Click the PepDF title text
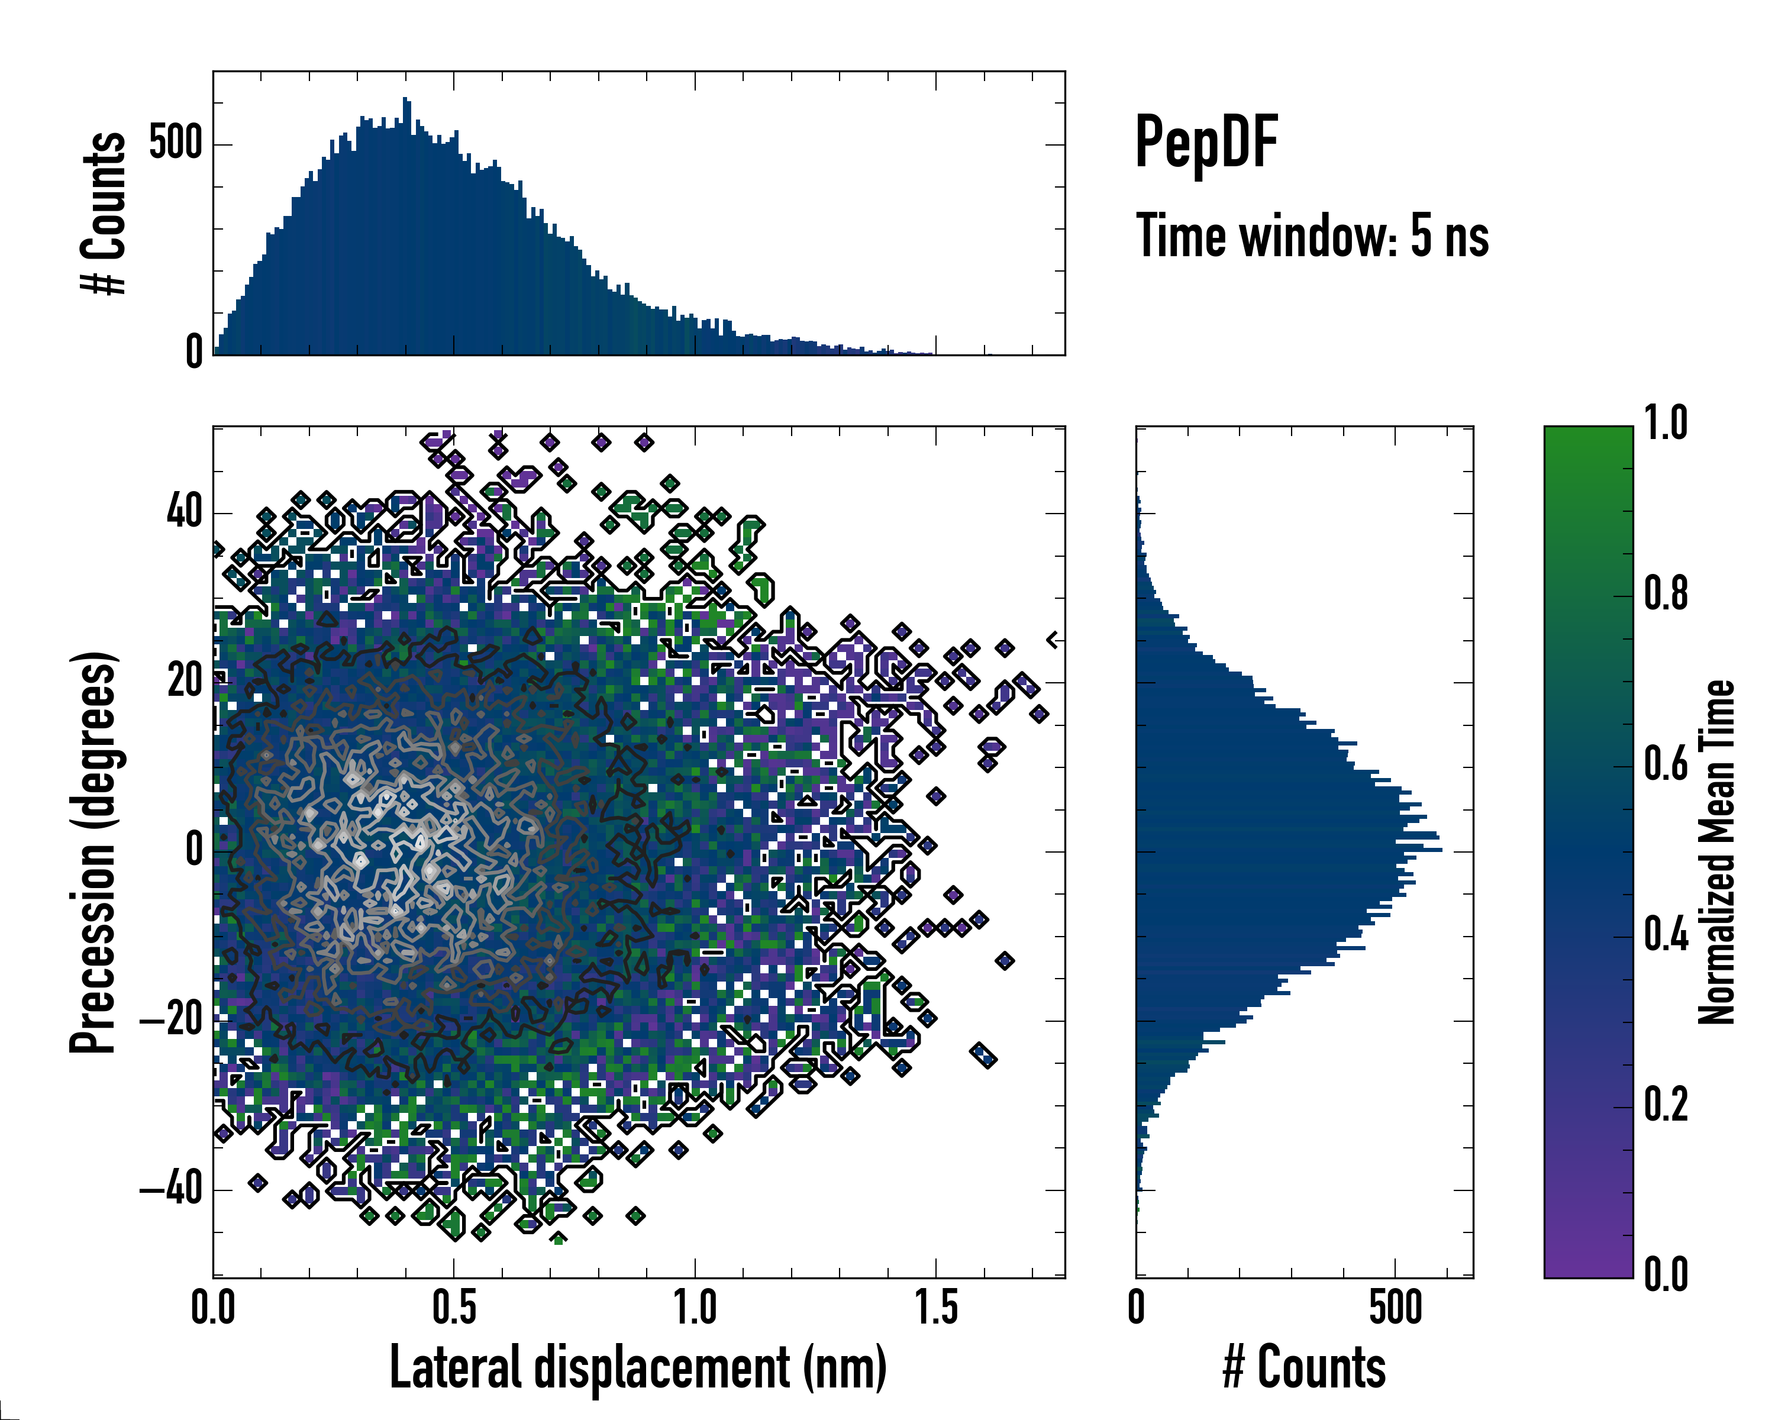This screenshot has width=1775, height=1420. [1205, 143]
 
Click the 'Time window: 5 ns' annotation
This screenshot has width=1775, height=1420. [1312, 236]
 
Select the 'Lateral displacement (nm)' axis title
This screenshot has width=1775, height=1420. [638, 1367]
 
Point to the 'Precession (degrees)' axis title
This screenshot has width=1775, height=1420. [92, 852]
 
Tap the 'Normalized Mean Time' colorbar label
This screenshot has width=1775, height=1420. [1716, 852]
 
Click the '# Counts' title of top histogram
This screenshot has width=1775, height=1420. [103, 213]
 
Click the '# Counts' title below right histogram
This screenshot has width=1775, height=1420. [1304, 1367]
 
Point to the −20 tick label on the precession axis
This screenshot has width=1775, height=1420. [170, 1021]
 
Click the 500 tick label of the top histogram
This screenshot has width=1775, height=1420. [175, 144]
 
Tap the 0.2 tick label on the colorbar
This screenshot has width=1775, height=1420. [1666, 1105]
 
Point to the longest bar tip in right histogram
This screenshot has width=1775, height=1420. [1441, 848]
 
